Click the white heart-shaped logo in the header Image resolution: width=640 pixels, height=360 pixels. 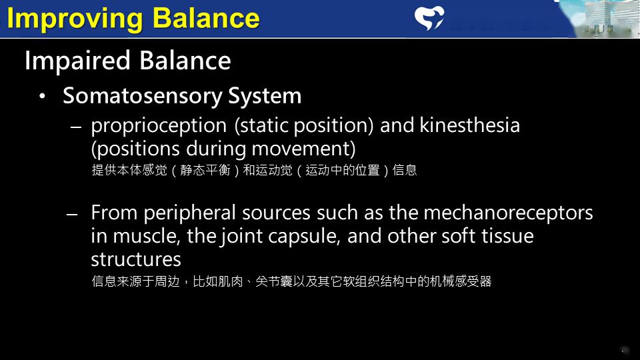[429, 18]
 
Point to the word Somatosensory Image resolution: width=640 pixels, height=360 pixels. [142, 96]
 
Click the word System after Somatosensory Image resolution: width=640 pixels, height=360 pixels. [265, 96]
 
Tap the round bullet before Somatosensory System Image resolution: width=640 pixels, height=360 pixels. [43, 97]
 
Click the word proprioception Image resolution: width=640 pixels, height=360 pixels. [159, 125]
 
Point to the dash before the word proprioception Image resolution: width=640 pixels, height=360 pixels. [75, 127]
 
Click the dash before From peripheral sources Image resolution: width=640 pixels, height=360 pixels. [73, 214]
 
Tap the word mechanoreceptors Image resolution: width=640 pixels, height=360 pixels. [508, 213]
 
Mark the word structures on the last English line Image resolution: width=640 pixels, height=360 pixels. [136, 259]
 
